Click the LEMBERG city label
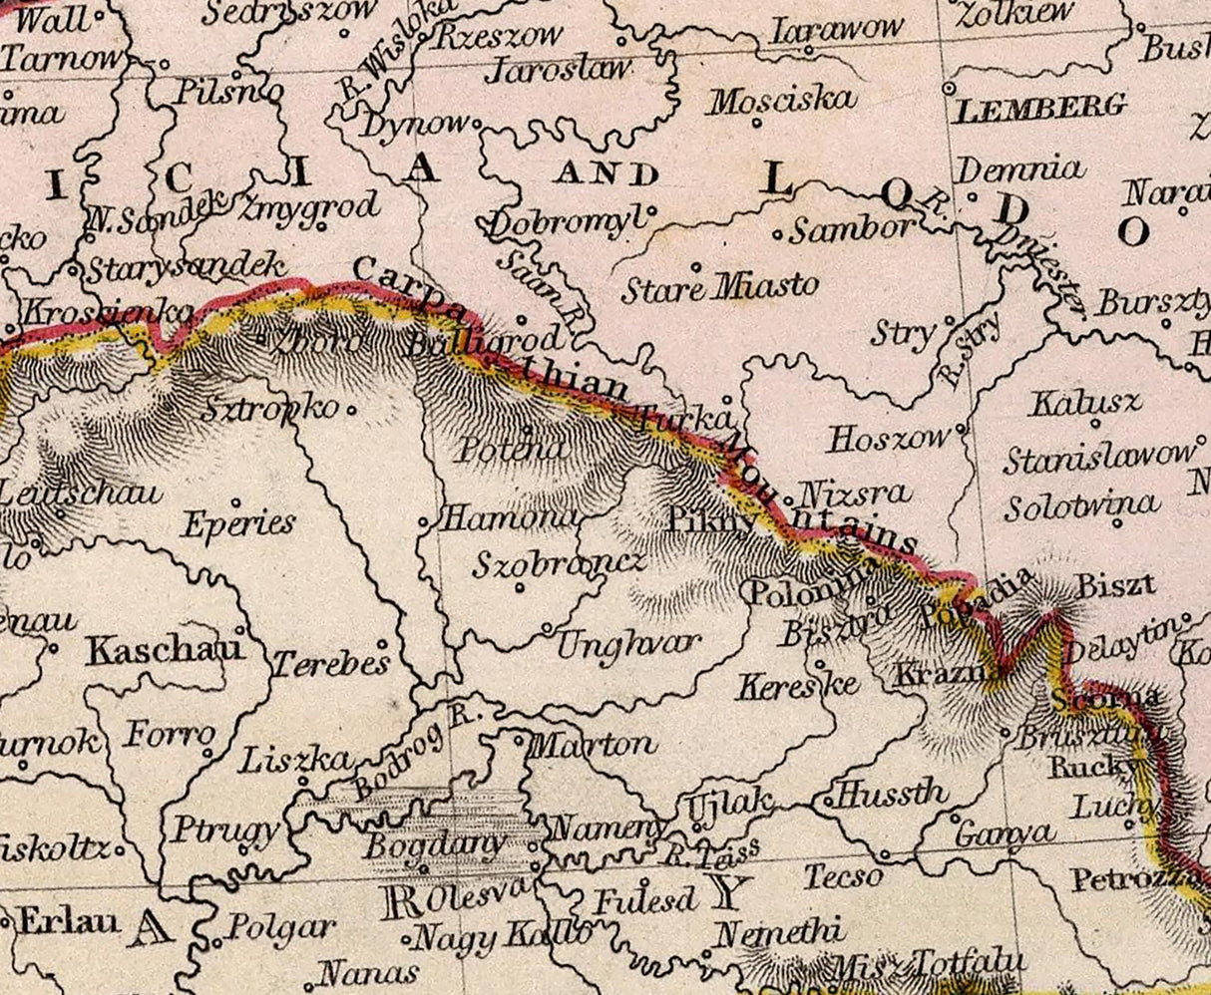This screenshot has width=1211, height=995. click(1040, 108)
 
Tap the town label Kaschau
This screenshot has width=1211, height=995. click(165, 650)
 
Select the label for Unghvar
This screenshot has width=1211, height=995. click(628, 644)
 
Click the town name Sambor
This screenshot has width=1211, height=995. click(850, 229)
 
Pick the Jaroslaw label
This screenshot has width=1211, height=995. click(559, 70)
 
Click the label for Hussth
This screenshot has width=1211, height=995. click(891, 794)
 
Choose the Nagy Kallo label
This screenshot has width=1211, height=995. click(501, 936)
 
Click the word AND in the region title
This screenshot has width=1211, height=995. click(607, 174)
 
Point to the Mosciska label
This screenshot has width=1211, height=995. click(782, 100)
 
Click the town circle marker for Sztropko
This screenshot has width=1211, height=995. click(350, 408)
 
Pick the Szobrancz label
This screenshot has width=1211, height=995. click(558, 563)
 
